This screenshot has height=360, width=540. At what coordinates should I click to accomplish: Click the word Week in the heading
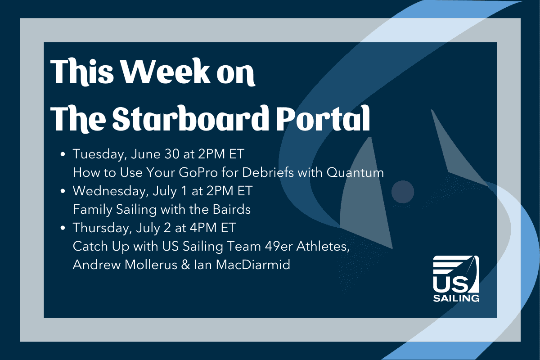coord(165,72)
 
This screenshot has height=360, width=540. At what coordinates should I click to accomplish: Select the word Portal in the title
coord(323,119)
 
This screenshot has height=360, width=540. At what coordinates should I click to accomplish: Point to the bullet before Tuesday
coord(63,154)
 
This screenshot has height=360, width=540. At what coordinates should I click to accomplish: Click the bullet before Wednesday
coord(63,191)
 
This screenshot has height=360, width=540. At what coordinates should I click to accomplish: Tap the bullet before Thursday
coord(63,228)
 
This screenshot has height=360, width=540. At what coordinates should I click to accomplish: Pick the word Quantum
coord(355,172)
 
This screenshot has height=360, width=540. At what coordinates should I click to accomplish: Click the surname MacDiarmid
coord(253,265)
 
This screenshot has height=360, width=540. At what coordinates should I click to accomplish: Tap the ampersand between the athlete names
coord(185,265)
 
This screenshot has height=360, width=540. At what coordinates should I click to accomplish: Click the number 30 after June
coord(172,154)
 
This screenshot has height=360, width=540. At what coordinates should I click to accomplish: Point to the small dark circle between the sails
coord(403,192)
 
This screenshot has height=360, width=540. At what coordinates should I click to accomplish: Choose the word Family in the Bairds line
coord(93,210)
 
